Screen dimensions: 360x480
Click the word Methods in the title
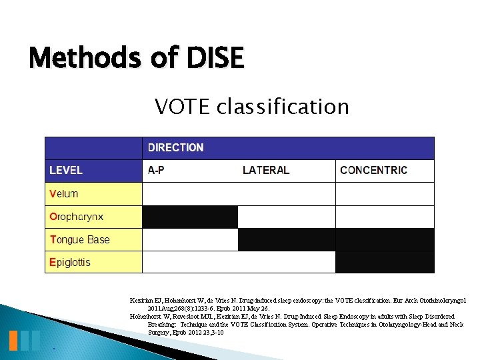pos(85,59)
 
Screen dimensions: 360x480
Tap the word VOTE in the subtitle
pos(180,106)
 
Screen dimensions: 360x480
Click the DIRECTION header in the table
pos(175,147)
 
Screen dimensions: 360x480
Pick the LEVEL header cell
pos(66,170)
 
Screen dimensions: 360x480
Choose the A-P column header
pos(156,170)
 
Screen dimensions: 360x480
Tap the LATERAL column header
pos(265,170)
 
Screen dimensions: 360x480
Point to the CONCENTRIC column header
pos(373,170)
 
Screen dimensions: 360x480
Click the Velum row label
pos(64,194)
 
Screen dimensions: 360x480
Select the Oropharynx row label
pos(76,217)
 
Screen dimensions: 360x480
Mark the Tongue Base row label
pos(79,239)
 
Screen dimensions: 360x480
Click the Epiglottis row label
pos(70,262)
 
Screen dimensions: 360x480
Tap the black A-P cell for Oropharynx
pos(190,217)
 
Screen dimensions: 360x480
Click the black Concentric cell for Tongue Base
pos(385,239)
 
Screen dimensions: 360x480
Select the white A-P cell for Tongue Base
pos(190,239)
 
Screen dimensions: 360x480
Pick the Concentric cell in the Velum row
pos(385,194)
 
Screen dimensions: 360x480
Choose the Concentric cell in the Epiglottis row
pos(385,262)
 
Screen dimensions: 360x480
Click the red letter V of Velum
pos(53,194)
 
